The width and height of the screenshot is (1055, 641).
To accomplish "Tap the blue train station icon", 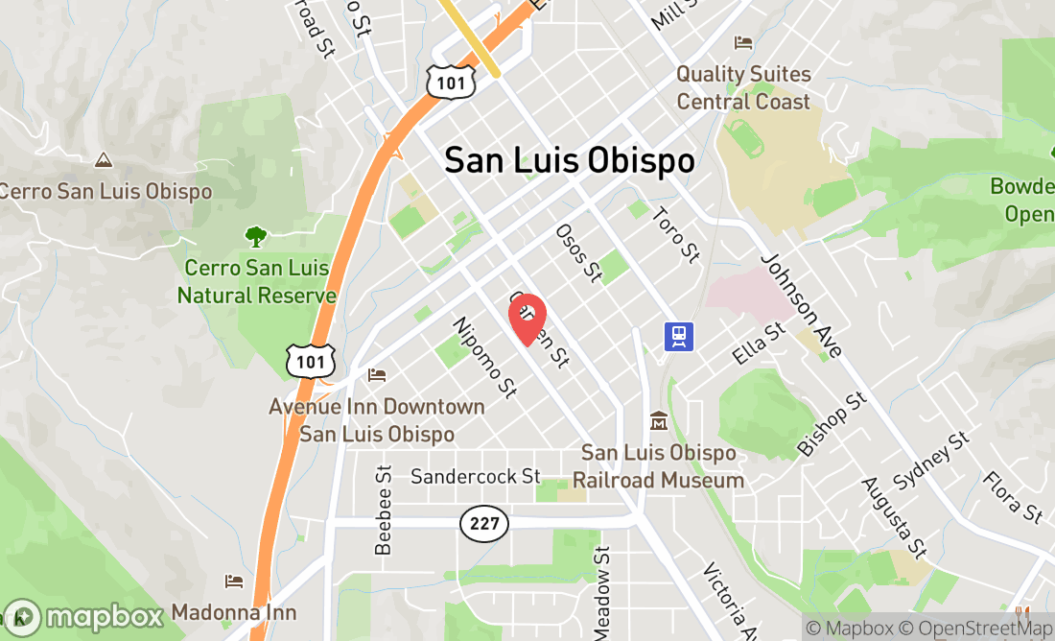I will pyautogui.click(x=679, y=336).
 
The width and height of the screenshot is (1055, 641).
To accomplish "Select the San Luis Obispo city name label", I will pyautogui.click(x=569, y=160).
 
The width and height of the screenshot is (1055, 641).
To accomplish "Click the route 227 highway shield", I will pyautogui.click(x=484, y=523).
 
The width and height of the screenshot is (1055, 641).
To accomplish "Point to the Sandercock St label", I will pyautogui.click(x=476, y=476).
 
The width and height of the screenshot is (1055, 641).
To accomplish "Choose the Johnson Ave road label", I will pyautogui.click(x=802, y=306).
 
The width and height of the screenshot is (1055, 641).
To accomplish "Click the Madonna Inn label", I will pyautogui.click(x=234, y=612).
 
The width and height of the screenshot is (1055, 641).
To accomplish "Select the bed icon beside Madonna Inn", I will pyautogui.click(x=233, y=582).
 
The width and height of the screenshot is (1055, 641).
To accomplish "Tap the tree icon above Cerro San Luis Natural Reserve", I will pyautogui.click(x=255, y=234).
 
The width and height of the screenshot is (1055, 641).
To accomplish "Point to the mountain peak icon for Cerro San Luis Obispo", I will pyautogui.click(x=103, y=160).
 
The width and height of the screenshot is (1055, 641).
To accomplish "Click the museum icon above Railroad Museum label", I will pyautogui.click(x=659, y=421).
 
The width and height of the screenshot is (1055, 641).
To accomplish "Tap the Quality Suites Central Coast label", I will pyautogui.click(x=743, y=87).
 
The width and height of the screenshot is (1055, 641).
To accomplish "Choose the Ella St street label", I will pyautogui.click(x=759, y=343).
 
